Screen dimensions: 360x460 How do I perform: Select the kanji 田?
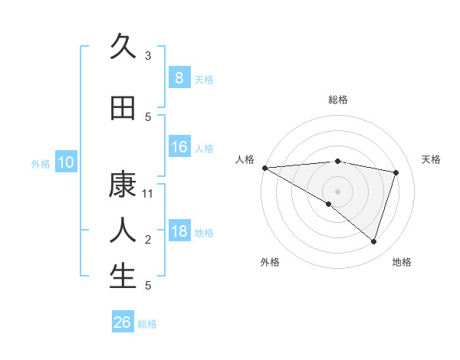click(123, 109)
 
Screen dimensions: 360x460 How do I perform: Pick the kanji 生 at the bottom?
click(123, 277)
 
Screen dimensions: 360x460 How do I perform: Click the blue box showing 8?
click(179, 78)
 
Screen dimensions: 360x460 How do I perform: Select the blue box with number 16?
click(179, 147)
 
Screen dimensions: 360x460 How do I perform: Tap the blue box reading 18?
click(179, 231)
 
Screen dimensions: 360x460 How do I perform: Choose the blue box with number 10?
click(66, 162)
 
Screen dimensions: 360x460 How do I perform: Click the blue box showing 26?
click(123, 322)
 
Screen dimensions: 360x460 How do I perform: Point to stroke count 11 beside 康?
click(148, 194)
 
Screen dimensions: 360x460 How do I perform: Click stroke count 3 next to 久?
click(148, 56)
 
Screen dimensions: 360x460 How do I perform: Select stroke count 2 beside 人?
click(148, 240)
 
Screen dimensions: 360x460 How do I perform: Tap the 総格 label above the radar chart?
click(337, 100)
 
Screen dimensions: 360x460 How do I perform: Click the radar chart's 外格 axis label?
click(270, 262)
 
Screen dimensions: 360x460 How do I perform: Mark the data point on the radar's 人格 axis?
click(264, 168)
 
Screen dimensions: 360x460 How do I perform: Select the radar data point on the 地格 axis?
click(373, 241)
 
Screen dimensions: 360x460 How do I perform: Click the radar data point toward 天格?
click(396, 172)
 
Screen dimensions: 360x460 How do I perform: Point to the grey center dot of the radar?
click(337, 191)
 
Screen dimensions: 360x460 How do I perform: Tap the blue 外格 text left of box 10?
click(40, 163)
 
